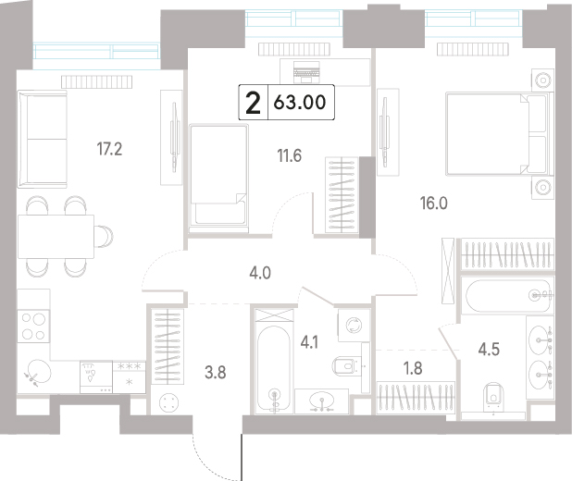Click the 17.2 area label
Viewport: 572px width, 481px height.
pyautogui.click(x=109, y=149)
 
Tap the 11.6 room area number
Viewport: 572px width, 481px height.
pyautogui.click(x=290, y=156)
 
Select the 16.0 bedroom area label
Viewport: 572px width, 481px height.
pyautogui.click(x=434, y=203)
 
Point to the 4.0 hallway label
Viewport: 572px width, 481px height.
pyautogui.click(x=260, y=273)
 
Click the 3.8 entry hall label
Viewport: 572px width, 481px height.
pyautogui.click(x=216, y=373)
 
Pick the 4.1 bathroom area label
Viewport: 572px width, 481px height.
pyautogui.click(x=309, y=342)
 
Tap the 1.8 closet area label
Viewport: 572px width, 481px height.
pyautogui.click(x=413, y=368)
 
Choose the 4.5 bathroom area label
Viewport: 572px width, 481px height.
pyautogui.click(x=489, y=349)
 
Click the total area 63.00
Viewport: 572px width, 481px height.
pyautogui.click(x=300, y=102)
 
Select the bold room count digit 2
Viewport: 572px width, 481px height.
pyautogui.click(x=254, y=103)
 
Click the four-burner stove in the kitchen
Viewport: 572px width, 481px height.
pyautogui.click(x=33, y=326)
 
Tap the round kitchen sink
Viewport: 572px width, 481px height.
pyautogui.click(x=38, y=372)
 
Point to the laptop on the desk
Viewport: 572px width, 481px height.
pyautogui.click(x=306, y=72)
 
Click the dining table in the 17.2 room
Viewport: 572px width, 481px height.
pyautogui.click(x=56, y=237)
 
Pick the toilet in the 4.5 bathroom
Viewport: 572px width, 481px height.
pyautogui.click(x=493, y=394)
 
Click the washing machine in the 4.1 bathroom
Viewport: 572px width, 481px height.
pyautogui.click(x=354, y=325)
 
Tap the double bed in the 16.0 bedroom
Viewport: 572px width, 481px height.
pyautogui.click(x=497, y=134)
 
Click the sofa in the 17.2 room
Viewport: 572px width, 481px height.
pyautogui.click(x=43, y=139)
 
